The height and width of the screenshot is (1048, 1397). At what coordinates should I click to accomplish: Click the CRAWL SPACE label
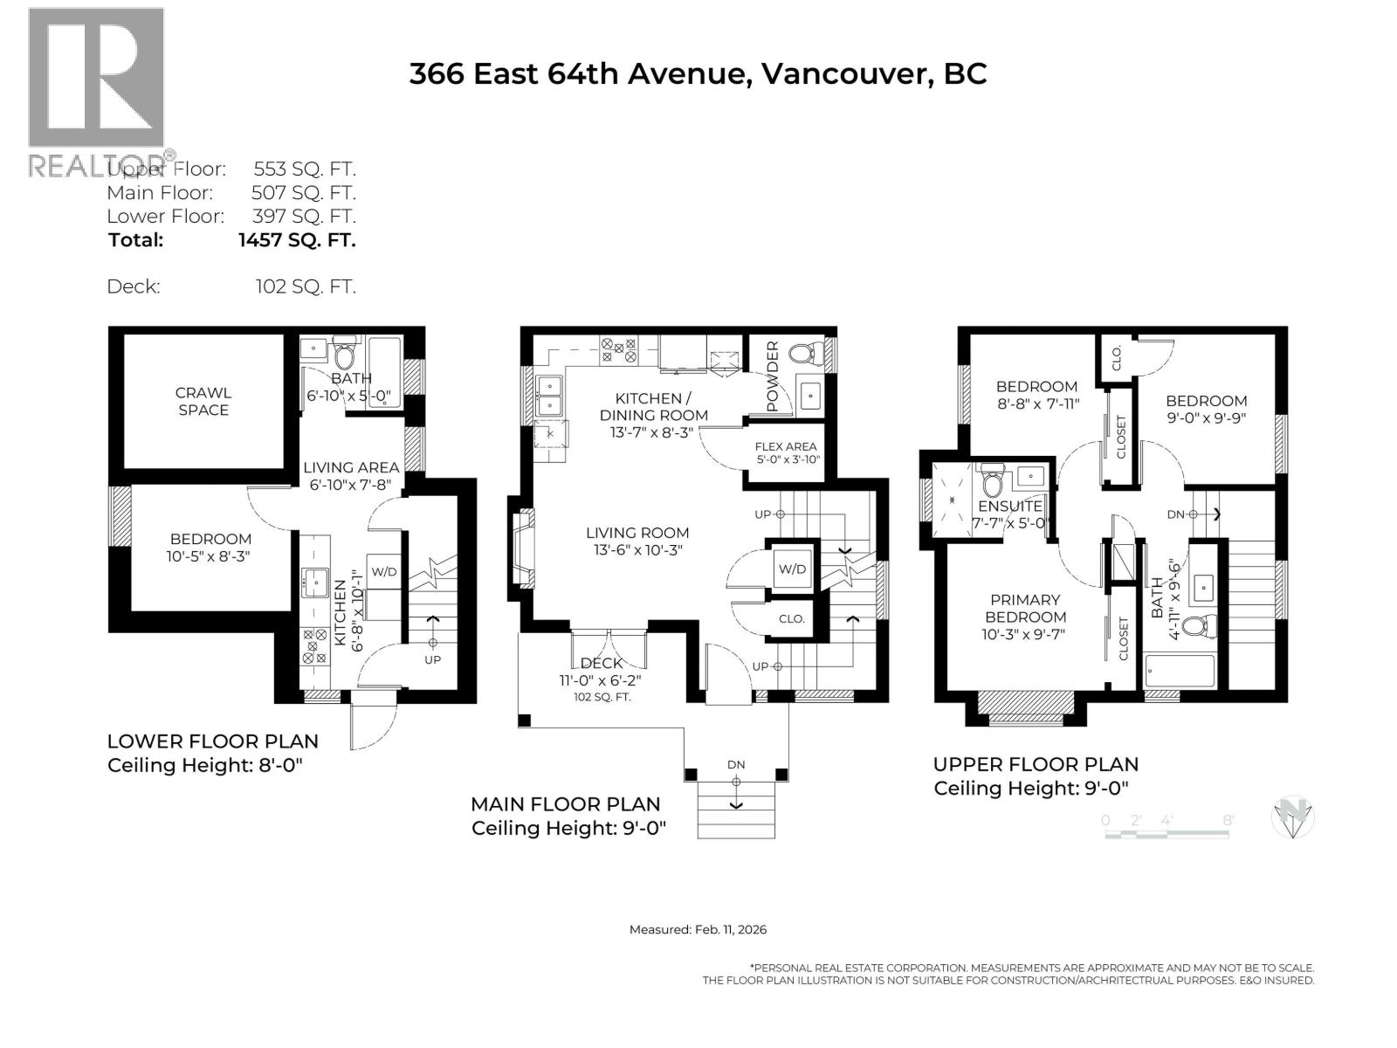click(203, 402)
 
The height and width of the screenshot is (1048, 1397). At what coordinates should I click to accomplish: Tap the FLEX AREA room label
click(786, 446)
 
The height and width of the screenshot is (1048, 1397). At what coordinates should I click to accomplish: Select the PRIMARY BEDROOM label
click(1025, 608)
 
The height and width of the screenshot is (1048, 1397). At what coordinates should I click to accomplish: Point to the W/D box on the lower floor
click(384, 572)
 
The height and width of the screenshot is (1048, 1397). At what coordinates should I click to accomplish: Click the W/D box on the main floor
click(792, 569)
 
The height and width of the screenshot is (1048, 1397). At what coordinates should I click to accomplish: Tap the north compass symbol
click(1293, 818)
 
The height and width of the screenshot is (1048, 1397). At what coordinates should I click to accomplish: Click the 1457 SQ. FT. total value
click(297, 240)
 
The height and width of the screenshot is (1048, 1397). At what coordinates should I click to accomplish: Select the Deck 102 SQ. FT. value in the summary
click(306, 286)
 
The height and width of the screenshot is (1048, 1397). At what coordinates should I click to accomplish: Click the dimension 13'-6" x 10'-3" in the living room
click(637, 550)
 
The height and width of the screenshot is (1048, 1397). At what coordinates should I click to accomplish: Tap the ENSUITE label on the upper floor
click(1009, 507)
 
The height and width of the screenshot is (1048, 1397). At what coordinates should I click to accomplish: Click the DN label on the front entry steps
click(736, 765)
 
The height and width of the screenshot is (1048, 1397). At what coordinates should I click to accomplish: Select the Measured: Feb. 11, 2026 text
click(698, 929)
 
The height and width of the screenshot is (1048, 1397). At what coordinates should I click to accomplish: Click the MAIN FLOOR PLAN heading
click(565, 804)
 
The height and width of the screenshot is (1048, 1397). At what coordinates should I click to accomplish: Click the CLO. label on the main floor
click(792, 618)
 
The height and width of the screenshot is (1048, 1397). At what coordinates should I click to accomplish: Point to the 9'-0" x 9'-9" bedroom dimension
click(1206, 417)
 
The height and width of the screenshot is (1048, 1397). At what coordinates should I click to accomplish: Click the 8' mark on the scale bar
click(1228, 820)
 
